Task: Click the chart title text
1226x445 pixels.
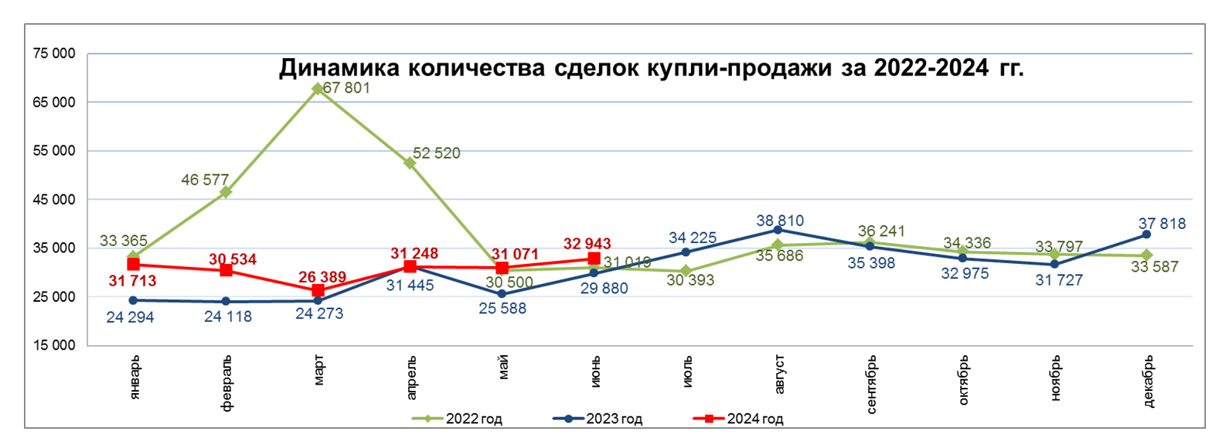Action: (x=651, y=68)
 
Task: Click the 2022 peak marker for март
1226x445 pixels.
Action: (x=318, y=89)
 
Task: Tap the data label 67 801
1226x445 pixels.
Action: (x=346, y=88)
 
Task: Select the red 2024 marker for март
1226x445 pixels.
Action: (x=318, y=291)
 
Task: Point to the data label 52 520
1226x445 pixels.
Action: (x=436, y=153)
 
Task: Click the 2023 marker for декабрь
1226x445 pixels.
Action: (x=1146, y=234)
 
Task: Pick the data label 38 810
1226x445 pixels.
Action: (x=780, y=221)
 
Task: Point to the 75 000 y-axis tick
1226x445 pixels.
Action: (x=54, y=53)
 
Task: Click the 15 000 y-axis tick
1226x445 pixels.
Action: (x=54, y=345)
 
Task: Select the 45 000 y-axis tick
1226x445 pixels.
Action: (x=54, y=200)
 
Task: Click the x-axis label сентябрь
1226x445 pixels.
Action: (x=872, y=385)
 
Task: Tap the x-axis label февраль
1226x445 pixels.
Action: (x=226, y=383)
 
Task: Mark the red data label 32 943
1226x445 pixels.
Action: (x=587, y=244)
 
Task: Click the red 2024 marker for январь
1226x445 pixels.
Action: (x=134, y=265)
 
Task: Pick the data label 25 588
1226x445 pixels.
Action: (x=502, y=308)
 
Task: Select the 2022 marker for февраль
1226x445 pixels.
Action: (x=226, y=192)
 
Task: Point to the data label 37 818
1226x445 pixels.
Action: (x=1162, y=224)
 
